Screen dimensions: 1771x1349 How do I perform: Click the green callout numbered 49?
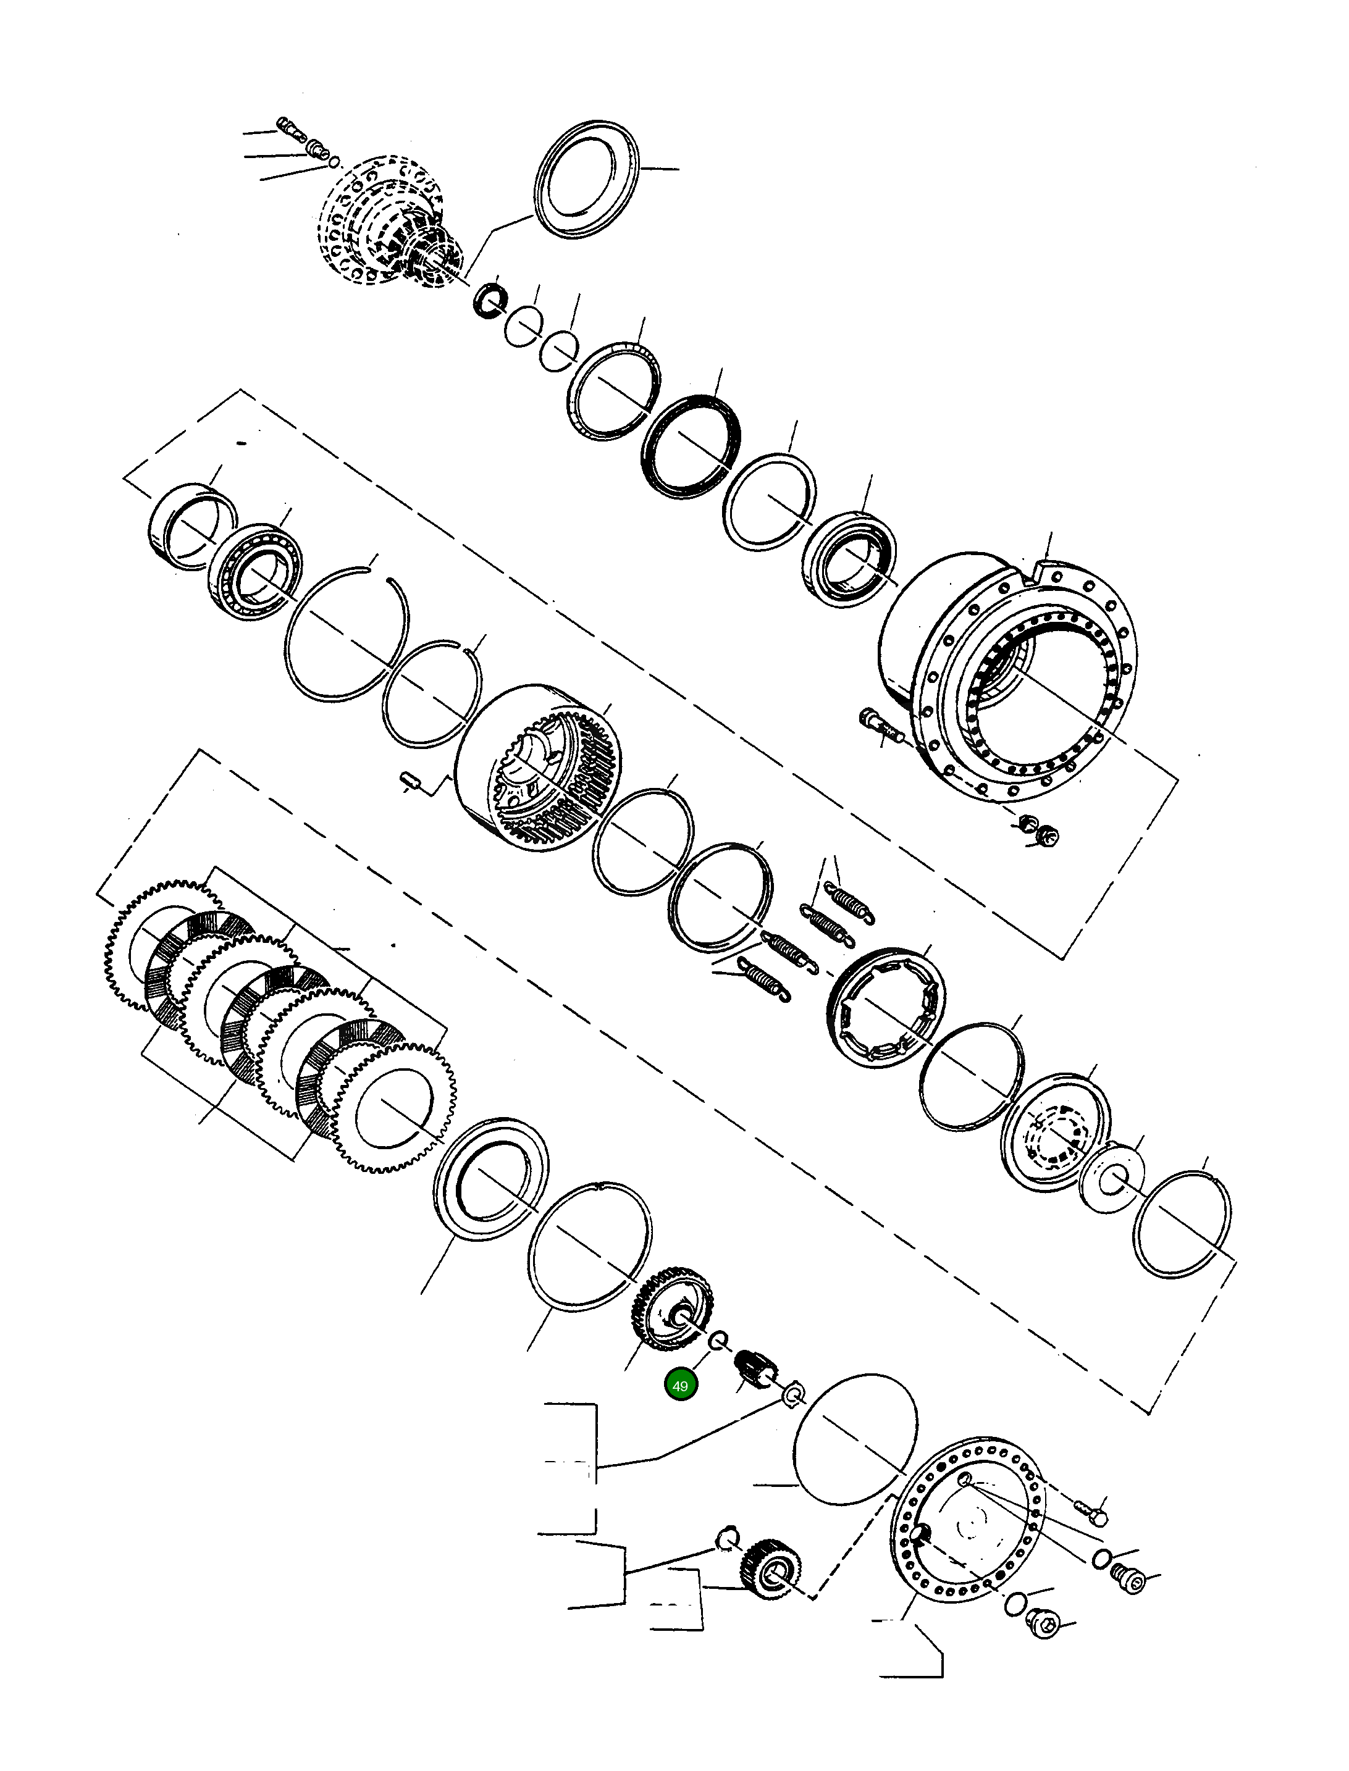[680, 1386]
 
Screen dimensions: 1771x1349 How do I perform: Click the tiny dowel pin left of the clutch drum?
[410, 779]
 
